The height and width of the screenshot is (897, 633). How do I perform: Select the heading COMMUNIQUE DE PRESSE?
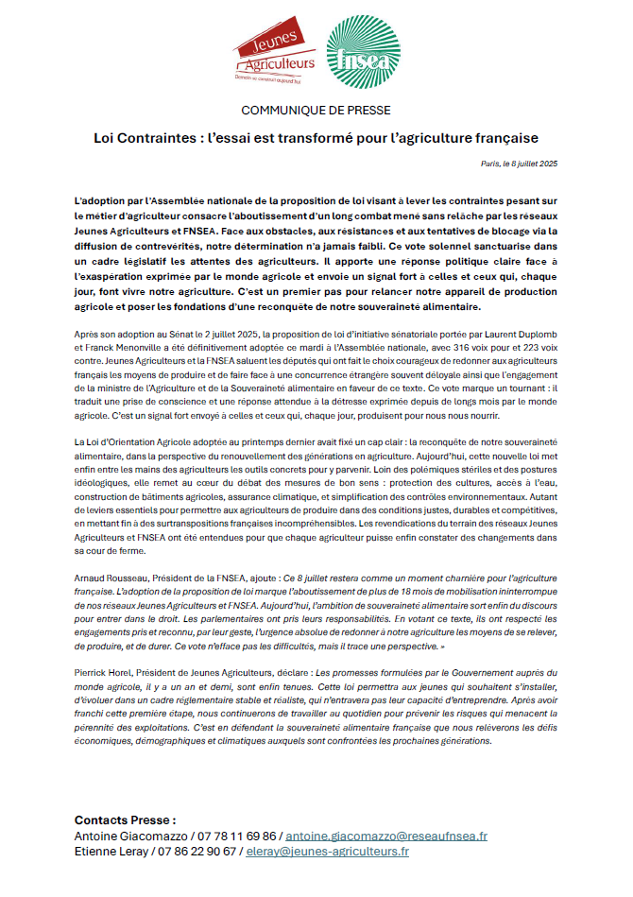click(316, 111)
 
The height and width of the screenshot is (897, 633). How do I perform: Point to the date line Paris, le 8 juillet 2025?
click(520, 164)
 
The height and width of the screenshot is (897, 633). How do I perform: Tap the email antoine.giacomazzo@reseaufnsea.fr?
click(386, 837)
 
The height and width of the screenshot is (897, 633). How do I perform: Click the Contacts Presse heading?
click(125, 820)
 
